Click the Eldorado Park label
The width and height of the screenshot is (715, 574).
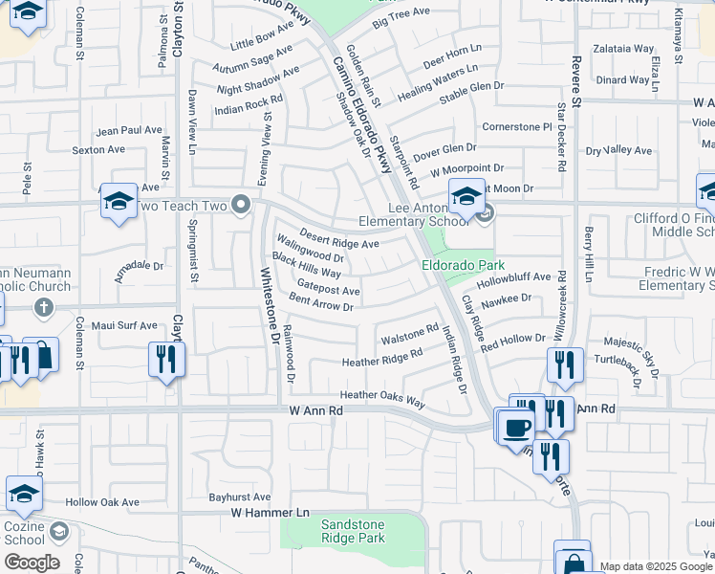(x=463, y=265)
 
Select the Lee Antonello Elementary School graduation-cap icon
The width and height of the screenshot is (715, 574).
(x=466, y=198)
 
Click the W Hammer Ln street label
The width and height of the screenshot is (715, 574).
(x=271, y=513)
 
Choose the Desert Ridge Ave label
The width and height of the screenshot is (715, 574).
(x=339, y=238)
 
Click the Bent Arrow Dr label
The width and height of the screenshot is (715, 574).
(x=321, y=302)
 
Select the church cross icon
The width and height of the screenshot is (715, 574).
(x=42, y=307)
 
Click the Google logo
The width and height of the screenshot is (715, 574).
(x=32, y=563)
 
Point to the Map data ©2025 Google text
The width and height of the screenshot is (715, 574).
(x=656, y=566)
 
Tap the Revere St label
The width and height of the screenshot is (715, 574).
(x=575, y=78)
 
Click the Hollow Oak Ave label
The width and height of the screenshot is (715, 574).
(x=102, y=502)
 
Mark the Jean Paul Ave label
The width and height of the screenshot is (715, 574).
(x=130, y=130)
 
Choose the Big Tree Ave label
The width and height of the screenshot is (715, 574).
(x=401, y=16)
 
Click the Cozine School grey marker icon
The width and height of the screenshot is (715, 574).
(x=59, y=530)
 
